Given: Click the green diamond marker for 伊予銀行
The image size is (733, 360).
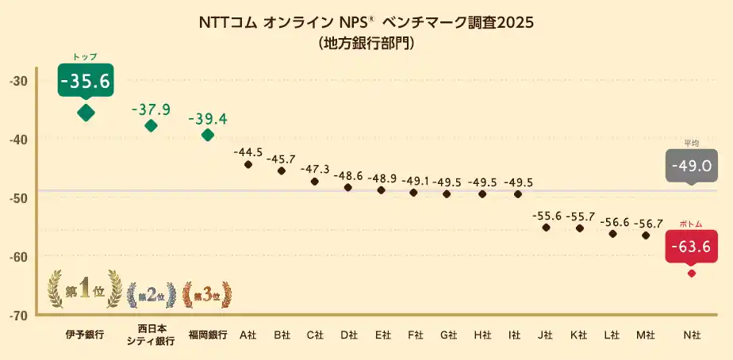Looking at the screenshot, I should (86, 113).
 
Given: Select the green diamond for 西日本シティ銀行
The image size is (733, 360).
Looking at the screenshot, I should (151, 125).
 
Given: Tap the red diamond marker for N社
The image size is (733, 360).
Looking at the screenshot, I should (691, 274).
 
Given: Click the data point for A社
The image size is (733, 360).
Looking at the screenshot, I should (248, 164).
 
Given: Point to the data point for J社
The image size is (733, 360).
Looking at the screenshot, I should (546, 228).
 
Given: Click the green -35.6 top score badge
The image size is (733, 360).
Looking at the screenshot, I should (86, 80).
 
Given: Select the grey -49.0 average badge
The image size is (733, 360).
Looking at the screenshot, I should (690, 166).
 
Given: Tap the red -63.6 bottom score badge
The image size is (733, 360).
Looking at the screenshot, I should (690, 247).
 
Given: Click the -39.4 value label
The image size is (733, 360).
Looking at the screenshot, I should (208, 119).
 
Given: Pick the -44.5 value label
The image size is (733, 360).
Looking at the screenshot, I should (248, 151).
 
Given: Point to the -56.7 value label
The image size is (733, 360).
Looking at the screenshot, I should (646, 223).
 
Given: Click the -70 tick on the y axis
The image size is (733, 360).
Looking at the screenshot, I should (19, 316).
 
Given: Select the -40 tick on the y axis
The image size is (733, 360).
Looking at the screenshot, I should (19, 140).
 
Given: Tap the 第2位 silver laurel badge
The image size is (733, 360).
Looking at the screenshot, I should (151, 296).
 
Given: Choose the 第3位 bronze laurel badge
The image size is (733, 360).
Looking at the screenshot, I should (208, 296).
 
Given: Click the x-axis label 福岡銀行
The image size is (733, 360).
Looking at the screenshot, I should (208, 335).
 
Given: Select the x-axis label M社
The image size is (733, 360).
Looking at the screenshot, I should (646, 335).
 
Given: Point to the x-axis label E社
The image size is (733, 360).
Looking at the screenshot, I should (383, 335).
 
